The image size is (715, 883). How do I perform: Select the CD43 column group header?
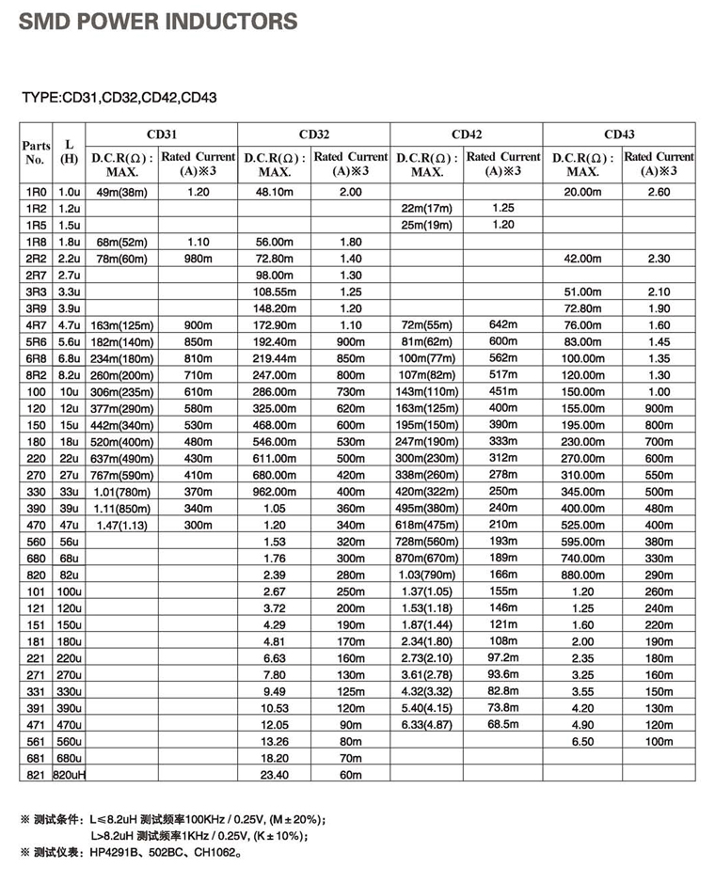(619, 134)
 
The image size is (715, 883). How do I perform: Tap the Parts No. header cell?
(37, 153)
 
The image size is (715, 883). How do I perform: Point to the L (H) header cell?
(69, 151)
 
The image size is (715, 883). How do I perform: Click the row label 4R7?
(36, 324)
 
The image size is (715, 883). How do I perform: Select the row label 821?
(36, 774)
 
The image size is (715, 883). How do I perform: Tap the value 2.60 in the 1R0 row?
(659, 191)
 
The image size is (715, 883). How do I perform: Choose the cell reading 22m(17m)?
(427, 208)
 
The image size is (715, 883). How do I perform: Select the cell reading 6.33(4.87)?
(427, 724)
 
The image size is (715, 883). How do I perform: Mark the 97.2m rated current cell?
(503, 657)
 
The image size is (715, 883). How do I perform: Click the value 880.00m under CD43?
(583, 574)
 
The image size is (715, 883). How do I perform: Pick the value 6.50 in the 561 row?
(583, 741)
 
